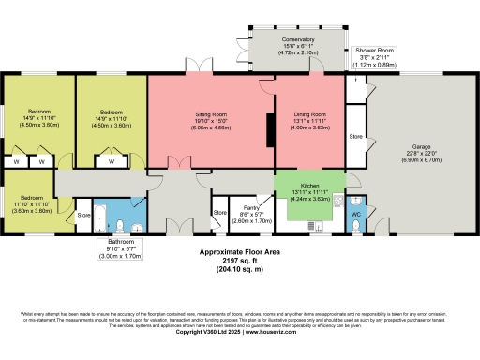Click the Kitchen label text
pos(310,186)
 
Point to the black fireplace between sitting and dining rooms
pos(271,130)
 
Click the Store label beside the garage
pos(355,137)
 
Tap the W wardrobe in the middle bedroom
pos(112,161)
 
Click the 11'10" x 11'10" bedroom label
pos(32,204)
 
